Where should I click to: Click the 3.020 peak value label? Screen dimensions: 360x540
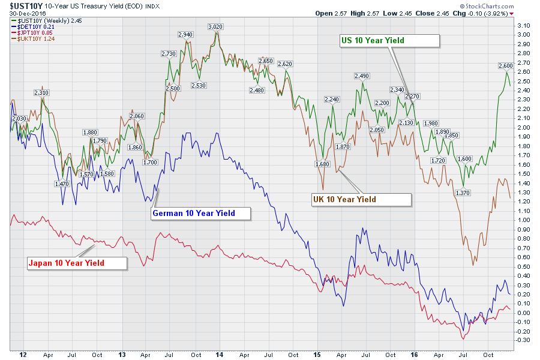(x=215, y=27)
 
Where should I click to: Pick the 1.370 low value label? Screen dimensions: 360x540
(x=462, y=193)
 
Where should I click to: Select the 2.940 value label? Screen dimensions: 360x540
(x=185, y=35)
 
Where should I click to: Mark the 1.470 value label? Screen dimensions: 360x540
(x=61, y=184)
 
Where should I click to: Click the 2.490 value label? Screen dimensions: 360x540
(x=362, y=76)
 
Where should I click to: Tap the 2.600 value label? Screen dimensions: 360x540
(x=506, y=66)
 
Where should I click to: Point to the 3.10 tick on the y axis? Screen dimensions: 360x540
(x=524, y=26)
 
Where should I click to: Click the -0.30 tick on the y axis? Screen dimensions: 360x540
(x=524, y=340)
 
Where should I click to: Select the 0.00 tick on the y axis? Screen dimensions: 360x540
(x=524, y=313)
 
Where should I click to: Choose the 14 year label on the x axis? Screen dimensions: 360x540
(x=220, y=354)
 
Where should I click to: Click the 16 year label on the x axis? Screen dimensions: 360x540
(x=414, y=354)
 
